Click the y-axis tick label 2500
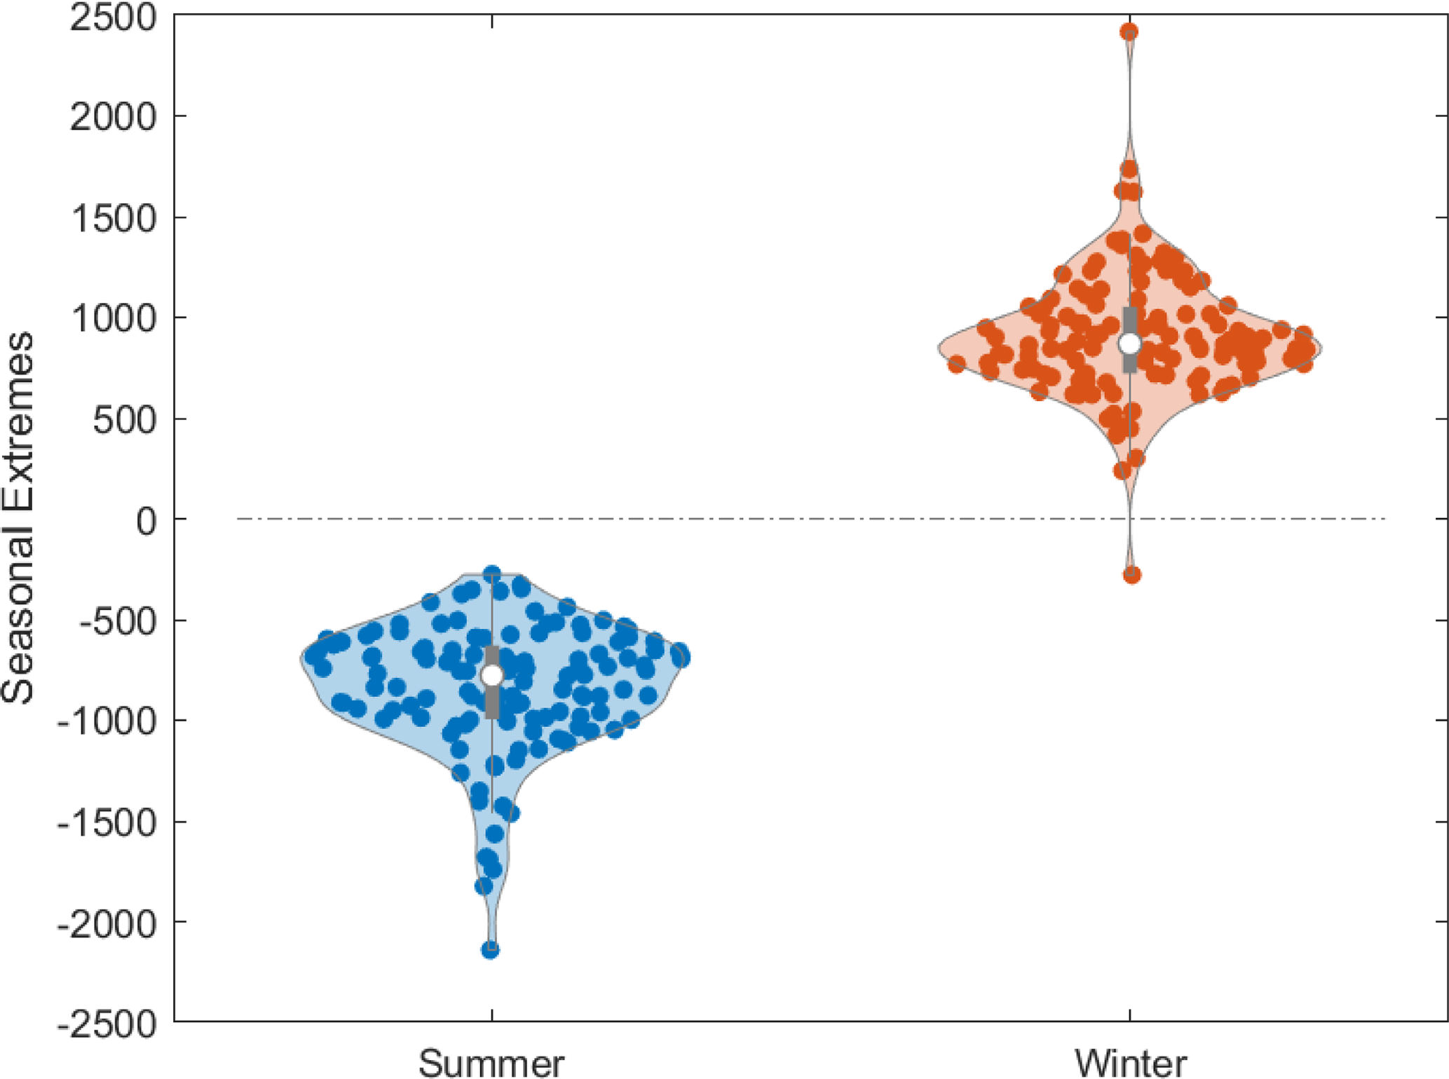[112, 17]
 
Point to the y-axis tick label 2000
[112, 116]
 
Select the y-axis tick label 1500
[112, 218]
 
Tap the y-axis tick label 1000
[112, 318]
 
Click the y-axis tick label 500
[124, 420]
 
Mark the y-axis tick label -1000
[106, 721]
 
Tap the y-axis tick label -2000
[106, 923]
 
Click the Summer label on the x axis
[491, 1064]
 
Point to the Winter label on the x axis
[1131, 1064]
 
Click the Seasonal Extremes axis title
[17, 519]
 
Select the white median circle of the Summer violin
[492, 675]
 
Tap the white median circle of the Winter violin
[1130, 344]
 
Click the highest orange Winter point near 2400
[1129, 32]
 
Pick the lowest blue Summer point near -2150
[490, 951]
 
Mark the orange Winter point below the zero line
[1131, 575]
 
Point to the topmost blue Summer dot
[492, 574]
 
